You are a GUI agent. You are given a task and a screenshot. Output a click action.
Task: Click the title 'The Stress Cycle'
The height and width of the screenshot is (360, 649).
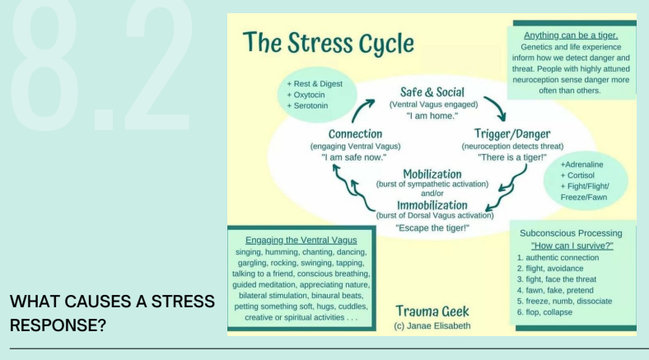click(x=328, y=44)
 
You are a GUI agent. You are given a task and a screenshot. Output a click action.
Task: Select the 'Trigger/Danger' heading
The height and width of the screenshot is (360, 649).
click(x=512, y=133)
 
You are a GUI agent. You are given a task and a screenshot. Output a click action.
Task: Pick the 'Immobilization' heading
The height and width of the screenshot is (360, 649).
click(x=432, y=204)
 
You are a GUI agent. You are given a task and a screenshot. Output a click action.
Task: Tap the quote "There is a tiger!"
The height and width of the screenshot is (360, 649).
click(x=512, y=157)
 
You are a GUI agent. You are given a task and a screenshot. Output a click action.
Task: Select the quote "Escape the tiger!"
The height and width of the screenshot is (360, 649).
click(x=432, y=227)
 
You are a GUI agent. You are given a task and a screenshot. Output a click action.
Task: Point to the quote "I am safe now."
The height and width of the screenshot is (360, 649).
click(x=354, y=157)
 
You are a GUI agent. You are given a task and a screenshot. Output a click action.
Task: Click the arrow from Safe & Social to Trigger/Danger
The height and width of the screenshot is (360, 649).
click(x=494, y=107)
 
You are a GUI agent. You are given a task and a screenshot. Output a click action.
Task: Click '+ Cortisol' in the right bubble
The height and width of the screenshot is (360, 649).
click(x=581, y=175)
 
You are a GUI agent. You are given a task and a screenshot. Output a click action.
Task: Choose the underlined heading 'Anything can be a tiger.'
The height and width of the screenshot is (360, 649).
click(x=571, y=35)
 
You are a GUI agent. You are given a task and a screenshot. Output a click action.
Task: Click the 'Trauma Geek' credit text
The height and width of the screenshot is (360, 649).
click(x=432, y=311)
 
